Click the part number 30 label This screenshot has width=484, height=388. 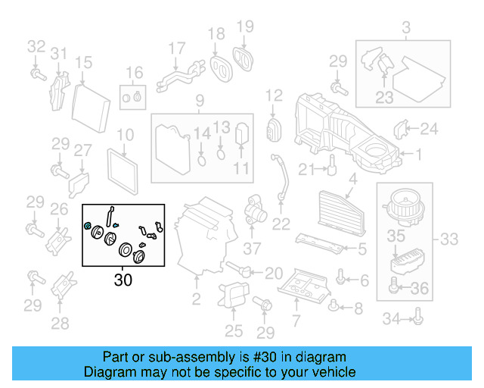123,280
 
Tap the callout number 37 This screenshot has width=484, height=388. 251,247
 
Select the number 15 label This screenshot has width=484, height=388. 83,63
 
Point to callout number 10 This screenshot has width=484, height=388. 126,136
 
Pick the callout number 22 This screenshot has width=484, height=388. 281,223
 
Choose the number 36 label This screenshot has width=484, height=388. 419,288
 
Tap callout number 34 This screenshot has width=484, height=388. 391,320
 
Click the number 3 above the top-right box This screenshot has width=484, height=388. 405,30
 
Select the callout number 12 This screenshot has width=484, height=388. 273,95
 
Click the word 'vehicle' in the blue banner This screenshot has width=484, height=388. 327,372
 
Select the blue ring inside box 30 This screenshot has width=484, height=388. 89,226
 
